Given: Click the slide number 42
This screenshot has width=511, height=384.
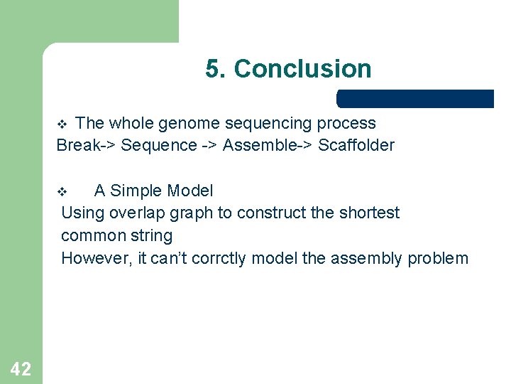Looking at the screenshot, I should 21,368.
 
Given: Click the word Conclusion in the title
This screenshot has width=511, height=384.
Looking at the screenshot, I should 302,69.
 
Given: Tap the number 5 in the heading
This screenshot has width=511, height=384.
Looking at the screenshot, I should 212,69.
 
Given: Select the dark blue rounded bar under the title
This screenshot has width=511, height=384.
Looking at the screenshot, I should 415,99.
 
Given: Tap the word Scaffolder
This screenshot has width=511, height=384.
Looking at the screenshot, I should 356,146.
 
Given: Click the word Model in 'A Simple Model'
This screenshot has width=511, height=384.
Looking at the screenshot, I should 190,191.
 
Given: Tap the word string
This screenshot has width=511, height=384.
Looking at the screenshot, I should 150,235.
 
